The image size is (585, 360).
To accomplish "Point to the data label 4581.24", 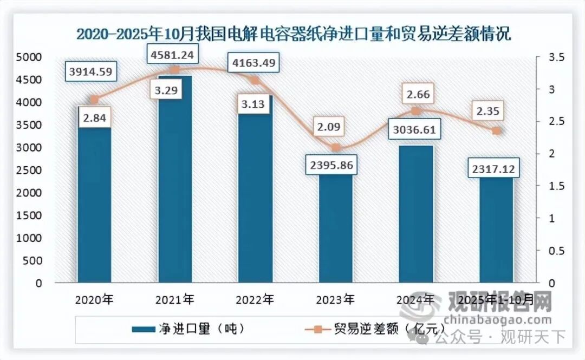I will (174, 54).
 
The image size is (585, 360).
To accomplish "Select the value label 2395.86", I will (331, 166).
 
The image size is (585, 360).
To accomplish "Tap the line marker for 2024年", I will (415, 111).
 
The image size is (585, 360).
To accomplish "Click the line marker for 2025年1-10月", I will (496, 131).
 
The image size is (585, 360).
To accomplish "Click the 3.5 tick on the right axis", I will (549, 57).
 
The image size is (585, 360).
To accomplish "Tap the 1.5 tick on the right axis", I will (549, 186).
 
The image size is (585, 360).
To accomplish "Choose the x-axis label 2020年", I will (94, 299).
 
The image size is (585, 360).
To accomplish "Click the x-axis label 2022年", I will (256, 299).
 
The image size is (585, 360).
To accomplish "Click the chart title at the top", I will (293, 34).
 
